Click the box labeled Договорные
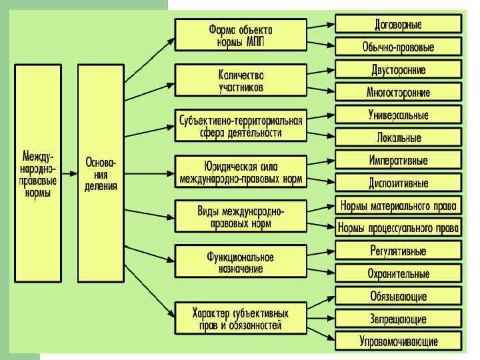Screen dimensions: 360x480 [x=398, y=25]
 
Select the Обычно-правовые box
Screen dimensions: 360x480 [x=398, y=47]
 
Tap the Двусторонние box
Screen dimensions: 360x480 [x=398, y=70]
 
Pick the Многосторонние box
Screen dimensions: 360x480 [x=398, y=92]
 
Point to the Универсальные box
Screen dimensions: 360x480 [x=398, y=115]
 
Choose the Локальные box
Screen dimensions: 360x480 [x=398, y=138]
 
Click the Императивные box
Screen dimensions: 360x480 [x=398, y=161]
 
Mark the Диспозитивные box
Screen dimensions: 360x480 [x=398, y=183]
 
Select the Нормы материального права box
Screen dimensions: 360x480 [x=398, y=205]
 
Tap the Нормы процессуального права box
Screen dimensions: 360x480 [x=398, y=228]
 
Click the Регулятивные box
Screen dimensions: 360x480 [x=398, y=251]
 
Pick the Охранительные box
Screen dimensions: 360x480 [x=398, y=273]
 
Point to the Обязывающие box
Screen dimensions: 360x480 [x=398, y=296]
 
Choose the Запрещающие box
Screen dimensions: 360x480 [x=398, y=319]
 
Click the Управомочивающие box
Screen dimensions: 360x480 [x=398, y=341]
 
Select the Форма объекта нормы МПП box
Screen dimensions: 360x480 [x=241, y=33]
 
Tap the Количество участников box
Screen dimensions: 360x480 [x=241, y=79]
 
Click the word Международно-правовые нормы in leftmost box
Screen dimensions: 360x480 [x=40, y=174]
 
